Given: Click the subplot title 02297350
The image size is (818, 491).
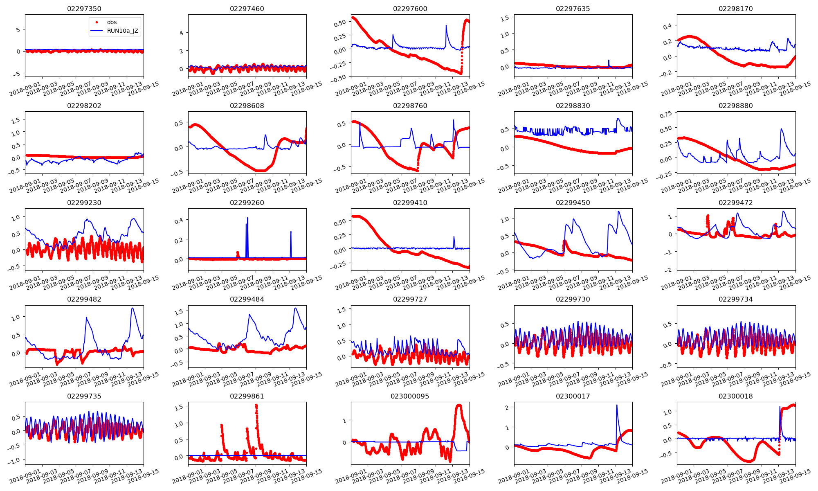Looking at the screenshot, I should coord(84,9).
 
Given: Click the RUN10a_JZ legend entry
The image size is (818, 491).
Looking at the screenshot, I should coord(120,31).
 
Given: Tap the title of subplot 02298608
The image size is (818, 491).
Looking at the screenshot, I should coord(247,106).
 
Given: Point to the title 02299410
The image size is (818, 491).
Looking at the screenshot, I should coord(410,203).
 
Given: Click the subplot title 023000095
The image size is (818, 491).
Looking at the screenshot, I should coord(410,396).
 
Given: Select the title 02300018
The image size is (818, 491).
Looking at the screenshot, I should coord(735,396).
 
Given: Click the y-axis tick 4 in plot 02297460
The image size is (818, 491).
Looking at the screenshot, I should coord(181,33).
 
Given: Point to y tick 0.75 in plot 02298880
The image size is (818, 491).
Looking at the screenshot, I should coord(666,115).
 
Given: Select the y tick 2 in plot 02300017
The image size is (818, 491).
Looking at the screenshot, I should coord(507,408).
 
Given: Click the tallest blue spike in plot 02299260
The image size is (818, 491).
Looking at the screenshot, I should coord(247,218).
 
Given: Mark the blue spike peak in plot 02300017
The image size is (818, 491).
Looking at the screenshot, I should coord(617,405).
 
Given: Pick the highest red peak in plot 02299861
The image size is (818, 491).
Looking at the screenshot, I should coord(256,405).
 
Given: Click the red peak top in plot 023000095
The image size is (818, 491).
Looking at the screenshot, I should coord(459,405).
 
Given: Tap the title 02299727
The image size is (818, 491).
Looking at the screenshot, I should coord(410,299).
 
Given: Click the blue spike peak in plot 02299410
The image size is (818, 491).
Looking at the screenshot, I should coord(454,236).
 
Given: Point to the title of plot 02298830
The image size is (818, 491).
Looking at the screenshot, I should coord(573,106).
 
